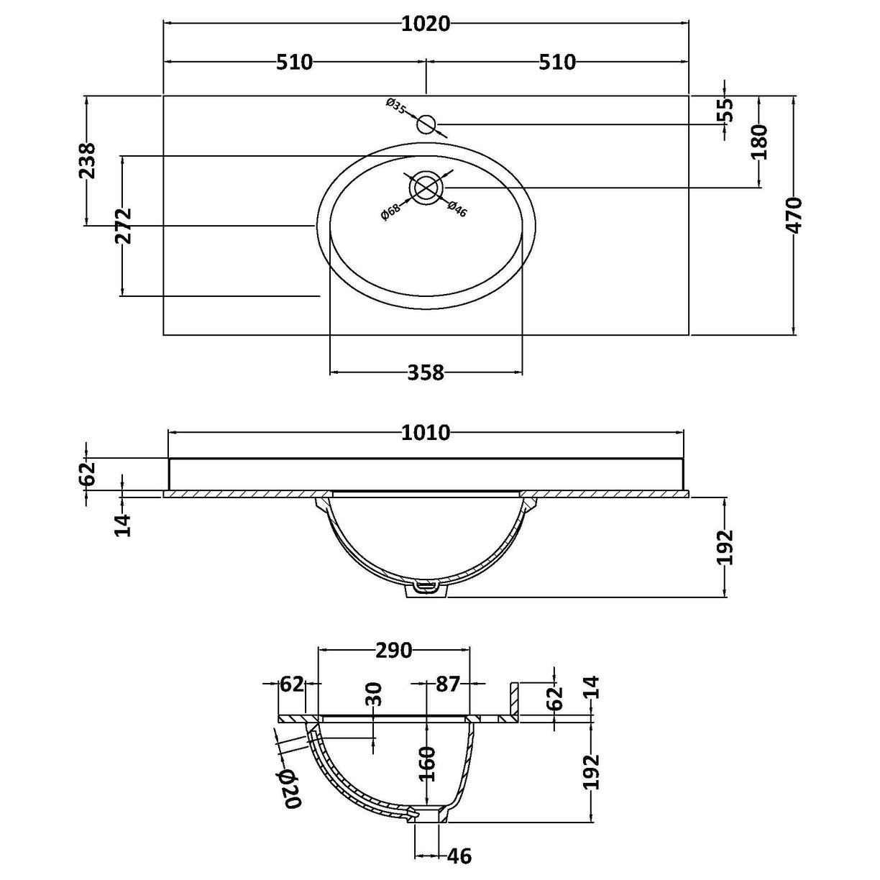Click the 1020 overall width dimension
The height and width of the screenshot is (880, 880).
[426, 24]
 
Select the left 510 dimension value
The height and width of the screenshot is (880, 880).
[295, 63]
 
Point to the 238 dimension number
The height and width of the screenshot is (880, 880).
[87, 161]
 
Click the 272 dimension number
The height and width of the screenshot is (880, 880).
[123, 226]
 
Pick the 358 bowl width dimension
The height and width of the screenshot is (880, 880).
[426, 372]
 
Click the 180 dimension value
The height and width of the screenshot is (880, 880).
[759, 142]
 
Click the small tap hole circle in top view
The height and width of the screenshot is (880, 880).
[426, 124]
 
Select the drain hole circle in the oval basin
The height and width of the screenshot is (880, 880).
[426, 187]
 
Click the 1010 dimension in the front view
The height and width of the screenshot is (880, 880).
[426, 433]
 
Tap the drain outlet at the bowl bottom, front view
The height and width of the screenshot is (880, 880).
[427, 588]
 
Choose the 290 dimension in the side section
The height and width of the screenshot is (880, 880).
[393, 651]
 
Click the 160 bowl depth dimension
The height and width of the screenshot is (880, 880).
[427, 764]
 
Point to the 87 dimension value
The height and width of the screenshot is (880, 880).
[447, 684]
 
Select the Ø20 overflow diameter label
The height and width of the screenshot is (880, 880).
[288, 789]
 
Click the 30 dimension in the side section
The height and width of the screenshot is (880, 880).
[374, 695]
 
